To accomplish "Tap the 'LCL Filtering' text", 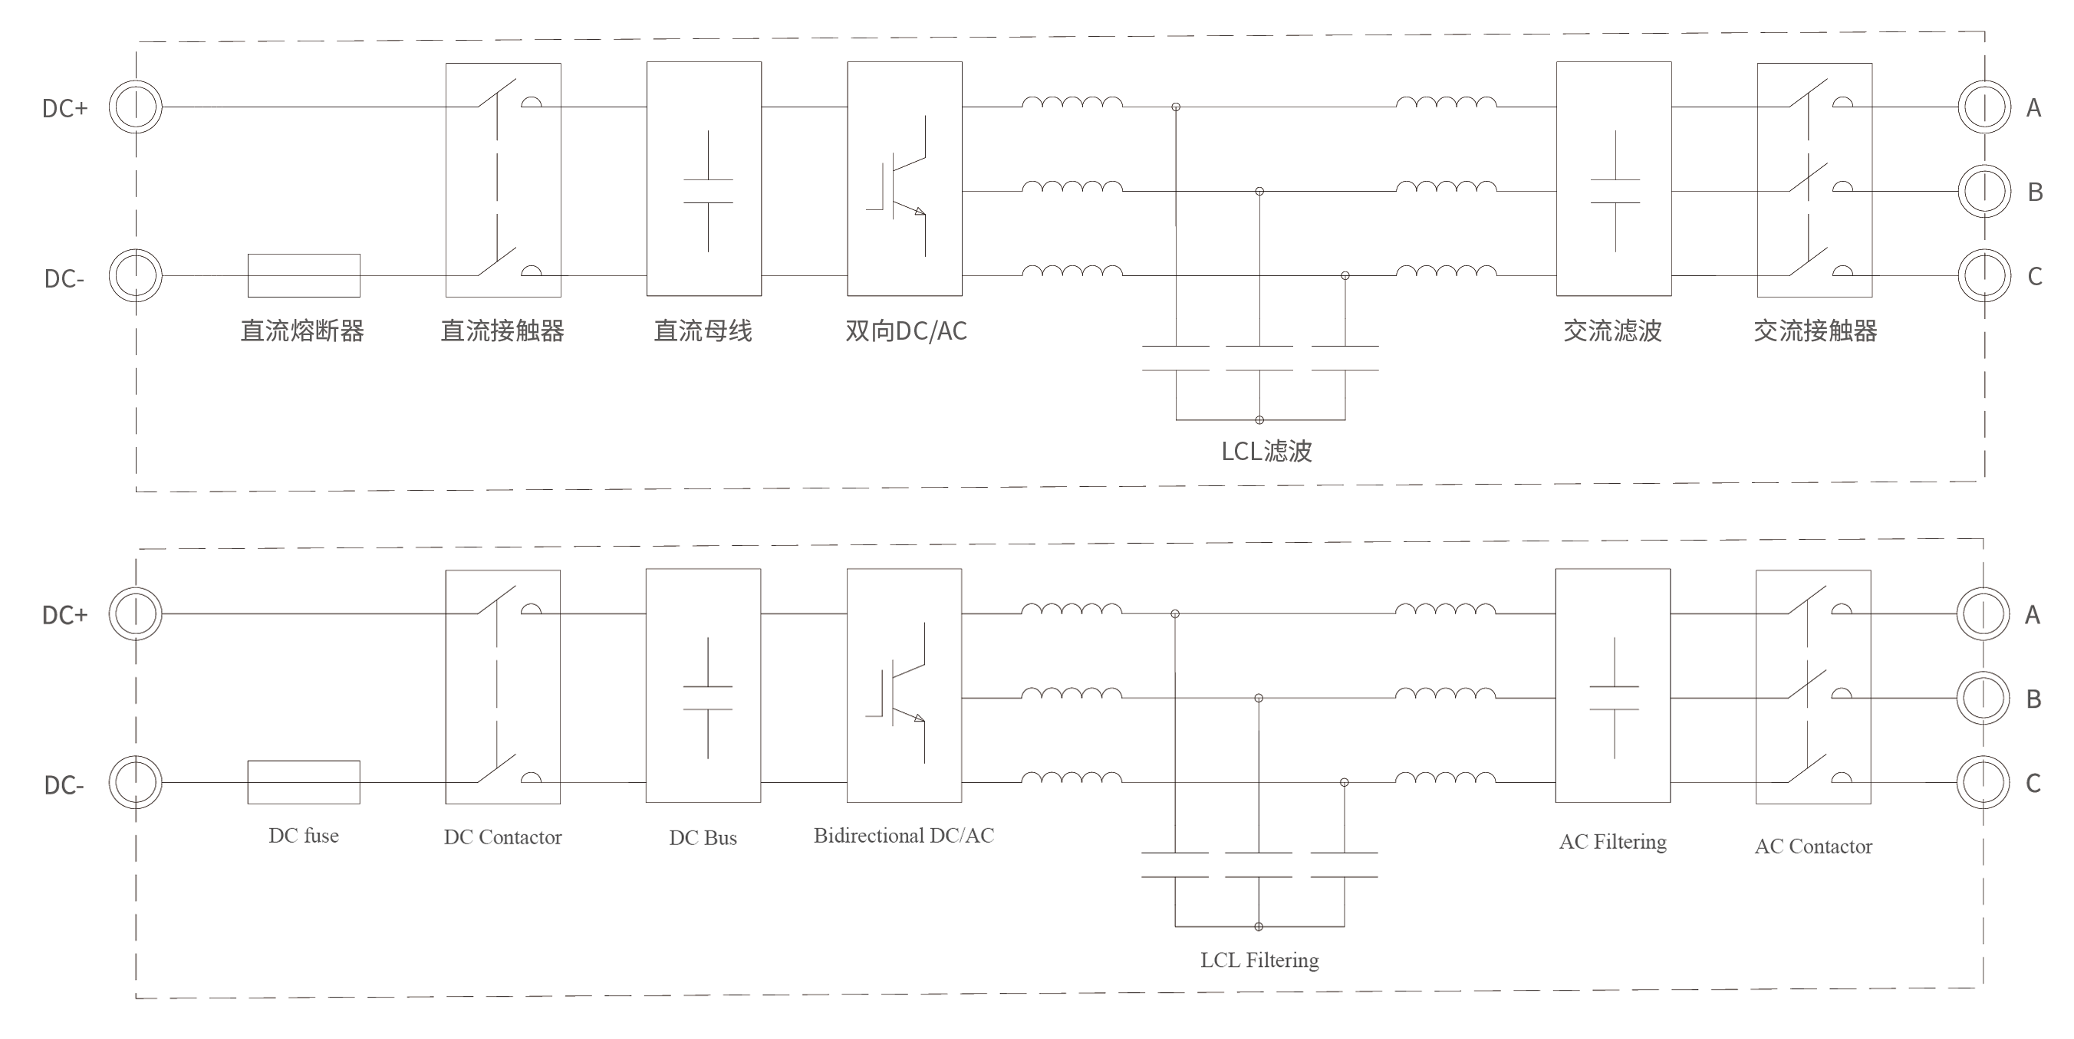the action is coord(1259,959).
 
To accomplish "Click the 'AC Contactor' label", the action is coord(1813,846).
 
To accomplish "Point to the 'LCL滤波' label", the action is coord(1266,451).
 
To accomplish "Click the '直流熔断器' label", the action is coord(303,330).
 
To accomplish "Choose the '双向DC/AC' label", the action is coord(906,330).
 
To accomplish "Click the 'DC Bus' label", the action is coord(703,838).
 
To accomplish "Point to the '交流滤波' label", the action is coord(1613,330).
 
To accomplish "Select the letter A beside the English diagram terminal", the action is coord(2032,615).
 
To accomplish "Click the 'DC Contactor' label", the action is coord(502,837).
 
